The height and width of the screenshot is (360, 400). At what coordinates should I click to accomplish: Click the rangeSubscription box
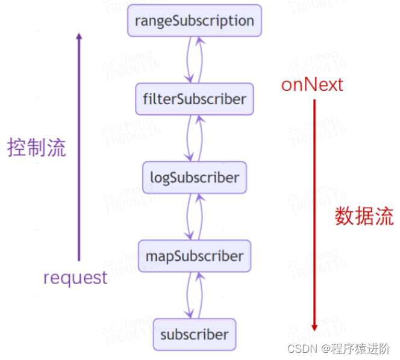pos(195,20)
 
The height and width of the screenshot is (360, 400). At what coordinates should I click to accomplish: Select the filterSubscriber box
pos(195,99)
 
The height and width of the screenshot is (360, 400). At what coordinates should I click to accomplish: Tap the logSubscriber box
pos(195,178)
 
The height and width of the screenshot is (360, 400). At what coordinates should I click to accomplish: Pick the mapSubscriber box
pos(195,256)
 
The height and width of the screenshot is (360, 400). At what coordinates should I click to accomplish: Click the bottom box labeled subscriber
pos(195,335)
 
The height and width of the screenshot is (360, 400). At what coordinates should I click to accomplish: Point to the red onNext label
pos(312,84)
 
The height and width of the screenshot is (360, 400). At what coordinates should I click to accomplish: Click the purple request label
pos(75,278)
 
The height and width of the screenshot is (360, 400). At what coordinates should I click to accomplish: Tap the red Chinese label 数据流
pos(364,216)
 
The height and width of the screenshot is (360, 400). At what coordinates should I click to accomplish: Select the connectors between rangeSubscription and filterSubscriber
pos(195,60)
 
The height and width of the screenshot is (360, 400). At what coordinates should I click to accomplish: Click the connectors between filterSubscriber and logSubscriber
pos(195,138)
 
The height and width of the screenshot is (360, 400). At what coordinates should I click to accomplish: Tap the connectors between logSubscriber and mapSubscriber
pos(195,217)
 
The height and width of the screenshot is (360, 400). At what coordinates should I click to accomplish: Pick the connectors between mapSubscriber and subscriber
pos(195,295)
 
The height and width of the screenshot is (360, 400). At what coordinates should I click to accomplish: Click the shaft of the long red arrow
pos(314,211)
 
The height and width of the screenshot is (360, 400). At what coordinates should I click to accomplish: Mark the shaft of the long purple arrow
pos(78,151)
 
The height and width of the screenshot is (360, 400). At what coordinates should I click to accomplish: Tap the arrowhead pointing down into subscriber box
pos(190,315)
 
